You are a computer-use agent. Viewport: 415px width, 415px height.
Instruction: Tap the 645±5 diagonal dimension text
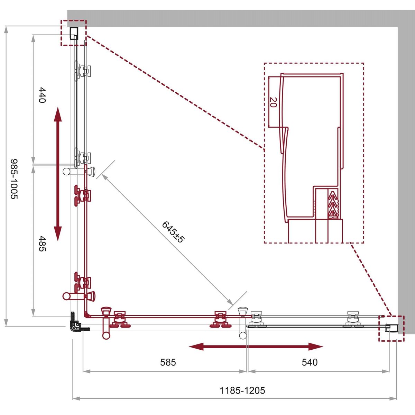[x=173, y=232]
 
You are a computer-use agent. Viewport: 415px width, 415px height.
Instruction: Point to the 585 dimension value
[x=168, y=362]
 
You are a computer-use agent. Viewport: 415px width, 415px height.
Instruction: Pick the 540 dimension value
[x=310, y=362]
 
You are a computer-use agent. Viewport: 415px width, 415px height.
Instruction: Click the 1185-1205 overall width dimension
[x=242, y=390]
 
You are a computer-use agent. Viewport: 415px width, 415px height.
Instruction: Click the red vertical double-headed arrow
[x=58, y=174]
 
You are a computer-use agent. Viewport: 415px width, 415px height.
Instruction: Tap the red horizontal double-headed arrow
[x=256, y=347]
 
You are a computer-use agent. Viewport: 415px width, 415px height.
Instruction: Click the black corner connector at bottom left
[x=77, y=323]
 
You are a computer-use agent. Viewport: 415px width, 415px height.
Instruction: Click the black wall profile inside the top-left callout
[x=74, y=34]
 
